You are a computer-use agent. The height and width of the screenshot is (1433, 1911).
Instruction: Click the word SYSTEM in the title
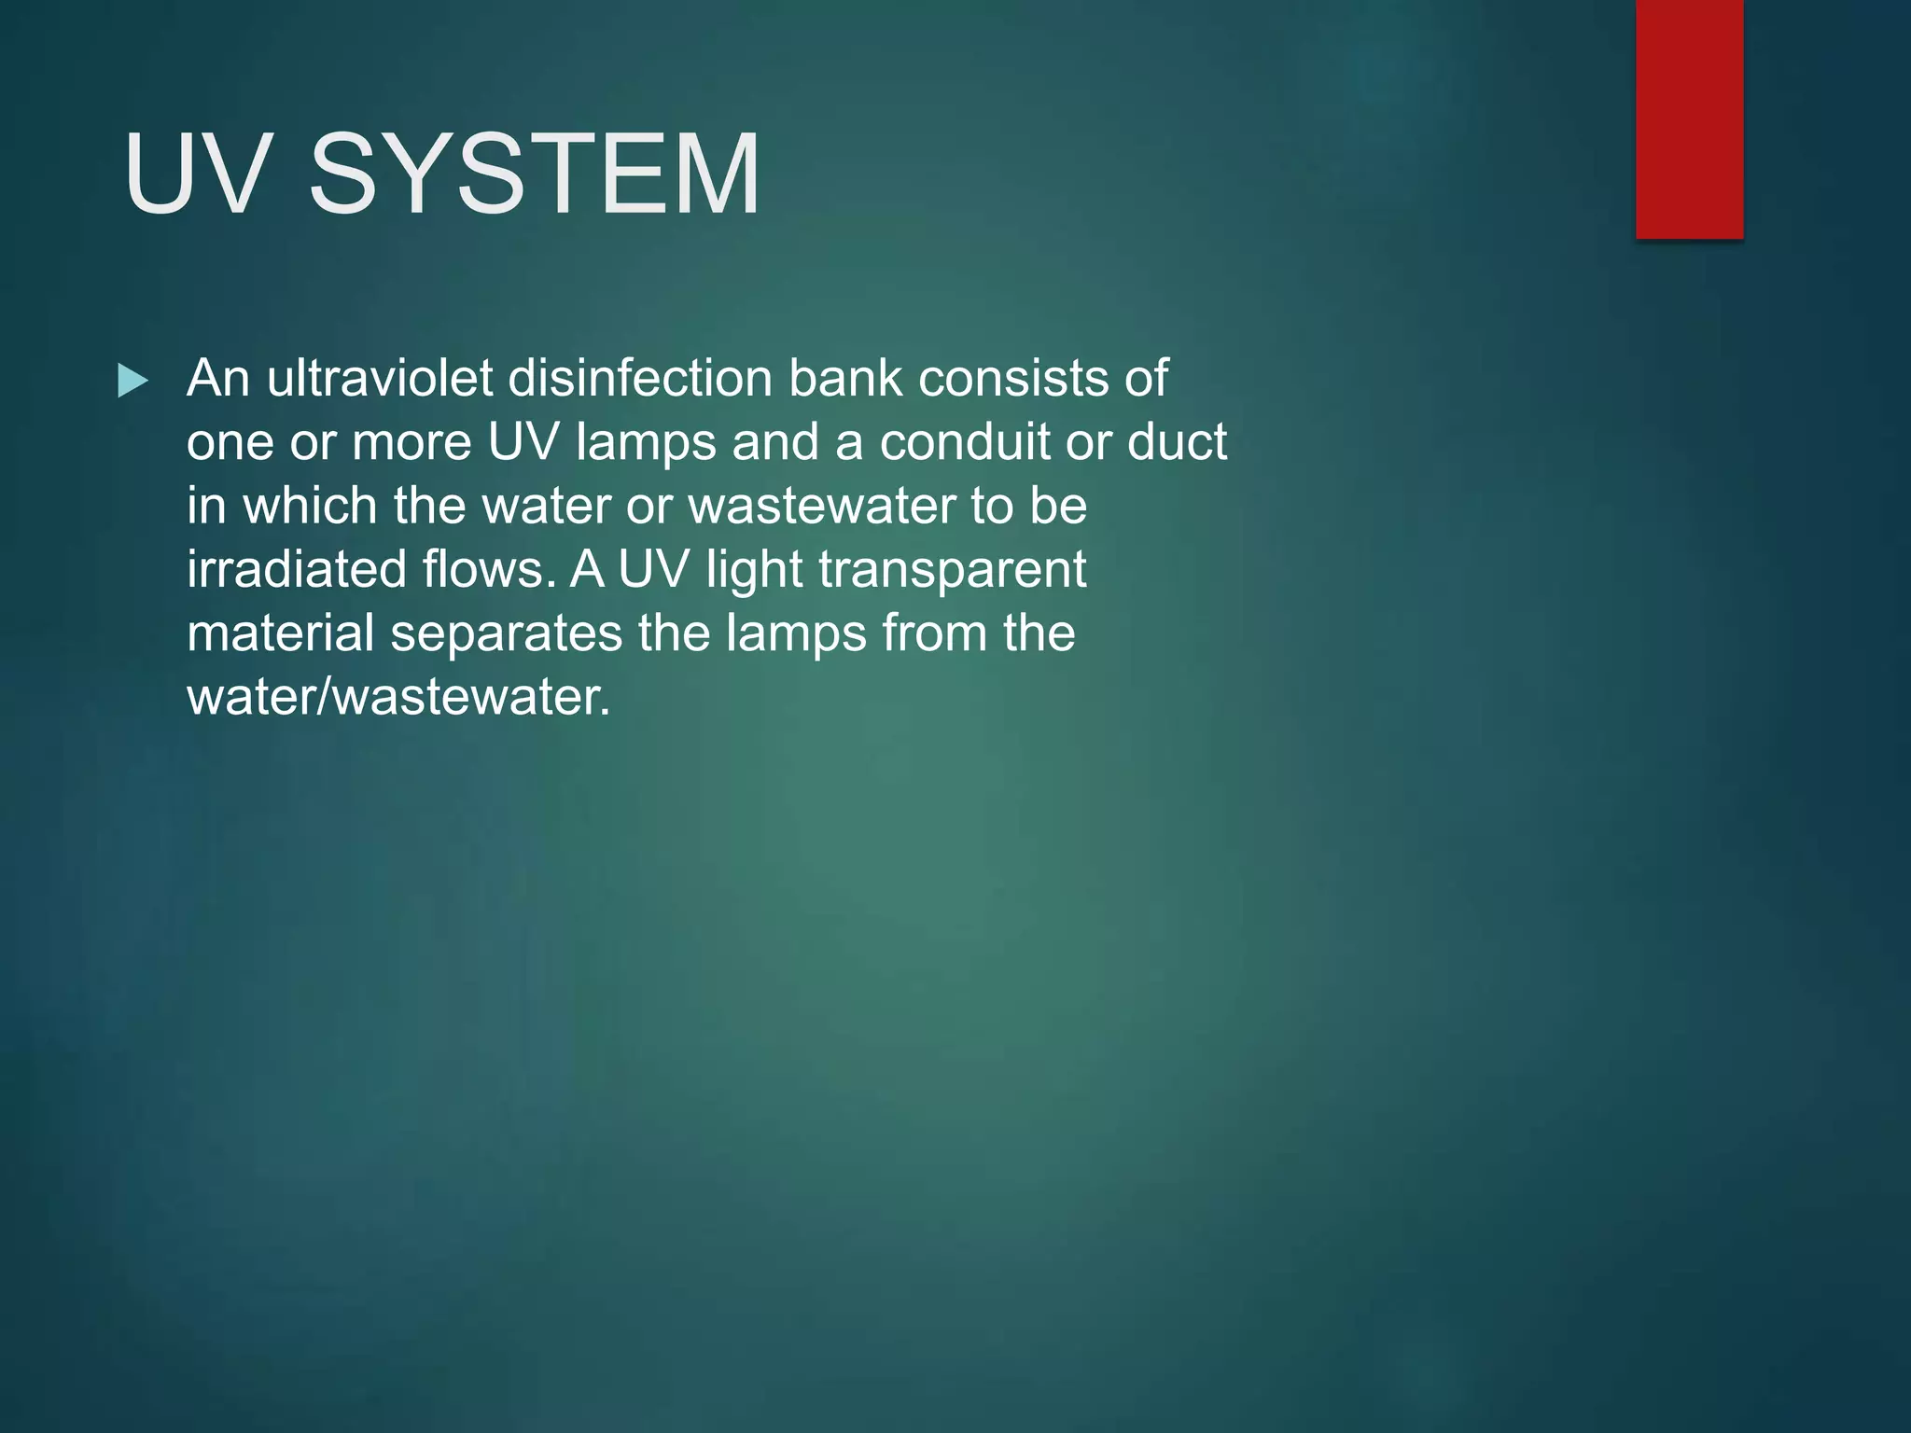tap(535, 174)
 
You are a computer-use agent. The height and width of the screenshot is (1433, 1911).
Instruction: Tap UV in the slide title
tap(197, 174)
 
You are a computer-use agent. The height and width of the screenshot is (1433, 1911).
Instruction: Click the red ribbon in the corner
tap(1689, 118)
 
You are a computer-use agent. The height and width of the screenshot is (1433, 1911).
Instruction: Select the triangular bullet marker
tap(133, 381)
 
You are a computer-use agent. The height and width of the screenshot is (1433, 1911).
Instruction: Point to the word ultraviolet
tap(380, 378)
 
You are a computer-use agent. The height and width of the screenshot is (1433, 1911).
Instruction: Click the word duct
tap(1177, 441)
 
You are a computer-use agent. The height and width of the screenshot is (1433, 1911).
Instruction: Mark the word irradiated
tap(297, 569)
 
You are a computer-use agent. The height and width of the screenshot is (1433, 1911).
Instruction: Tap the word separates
tap(506, 634)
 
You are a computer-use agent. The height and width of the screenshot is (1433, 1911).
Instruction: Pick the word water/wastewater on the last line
tap(398, 696)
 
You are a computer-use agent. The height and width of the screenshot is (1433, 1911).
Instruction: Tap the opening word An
tap(218, 378)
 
